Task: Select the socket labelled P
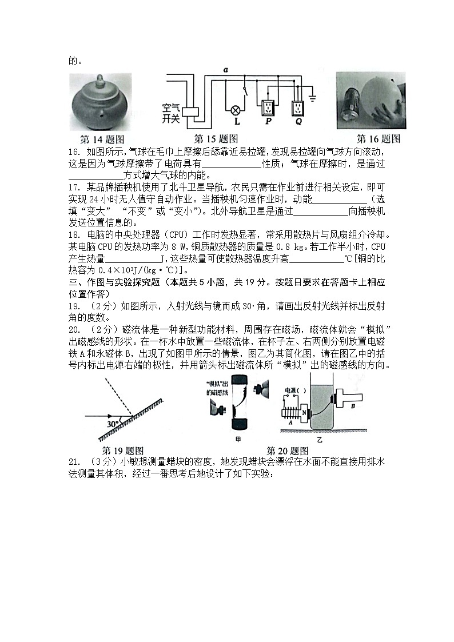coord(267,107)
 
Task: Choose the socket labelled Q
coord(297,107)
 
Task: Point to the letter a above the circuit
coord(226,69)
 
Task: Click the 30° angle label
coord(113,424)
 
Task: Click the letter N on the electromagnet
coord(305,412)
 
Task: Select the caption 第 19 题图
coord(122,450)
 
